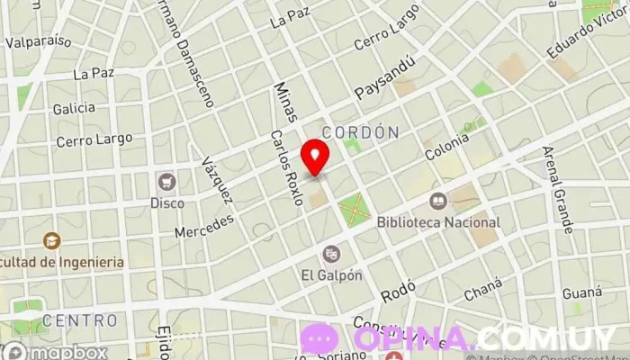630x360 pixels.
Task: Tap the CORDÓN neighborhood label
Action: point(367,131)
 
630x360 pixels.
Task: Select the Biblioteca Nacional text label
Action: point(438,221)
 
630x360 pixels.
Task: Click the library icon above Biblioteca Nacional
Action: point(438,201)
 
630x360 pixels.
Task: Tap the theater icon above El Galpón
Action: point(331,254)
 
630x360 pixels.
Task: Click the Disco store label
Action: point(166,202)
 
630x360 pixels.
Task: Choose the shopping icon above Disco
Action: point(166,182)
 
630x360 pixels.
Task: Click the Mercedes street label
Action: point(204,226)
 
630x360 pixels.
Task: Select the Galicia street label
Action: point(74,108)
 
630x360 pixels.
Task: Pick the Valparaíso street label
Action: point(38,41)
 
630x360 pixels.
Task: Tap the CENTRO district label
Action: point(79,320)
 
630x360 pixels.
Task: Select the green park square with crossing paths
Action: point(354,210)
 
